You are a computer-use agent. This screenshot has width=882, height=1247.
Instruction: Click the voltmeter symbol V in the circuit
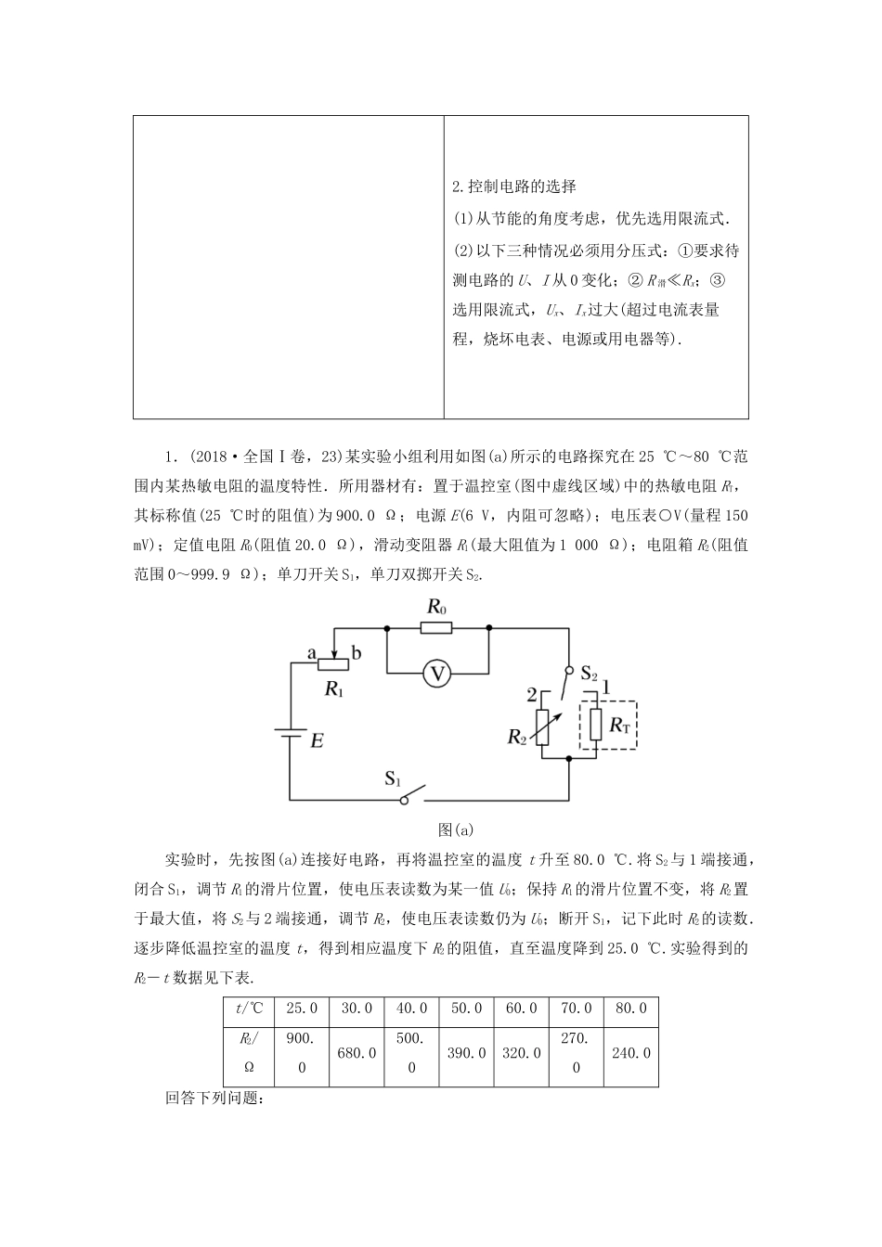pyautogui.click(x=436, y=674)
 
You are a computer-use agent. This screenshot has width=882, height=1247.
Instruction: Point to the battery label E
pyautogui.click(x=317, y=741)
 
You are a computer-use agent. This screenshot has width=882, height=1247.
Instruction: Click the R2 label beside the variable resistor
pyautogui.click(x=518, y=737)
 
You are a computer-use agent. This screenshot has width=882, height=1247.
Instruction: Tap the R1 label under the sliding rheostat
pyautogui.click(x=334, y=688)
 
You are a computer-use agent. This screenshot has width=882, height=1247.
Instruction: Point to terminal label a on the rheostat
pyautogui.click(x=312, y=653)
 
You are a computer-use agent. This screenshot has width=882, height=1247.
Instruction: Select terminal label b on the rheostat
pyautogui.click(x=357, y=653)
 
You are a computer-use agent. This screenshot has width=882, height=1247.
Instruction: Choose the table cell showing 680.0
pyautogui.click(x=357, y=1053)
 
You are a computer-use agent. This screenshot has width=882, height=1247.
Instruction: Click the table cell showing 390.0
pyautogui.click(x=466, y=1053)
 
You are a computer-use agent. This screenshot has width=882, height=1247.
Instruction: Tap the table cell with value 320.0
pyautogui.click(x=521, y=1053)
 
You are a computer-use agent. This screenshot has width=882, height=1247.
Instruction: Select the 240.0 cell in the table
pyautogui.click(x=630, y=1053)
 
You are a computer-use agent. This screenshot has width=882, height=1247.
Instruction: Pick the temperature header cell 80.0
pyautogui.click(x=630, y=1009)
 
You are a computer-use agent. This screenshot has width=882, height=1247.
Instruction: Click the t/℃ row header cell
pyautogui.click(x=250, y=1009)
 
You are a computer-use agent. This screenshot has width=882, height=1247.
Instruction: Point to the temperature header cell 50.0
pyautogui.click(x=466, y=1009)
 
